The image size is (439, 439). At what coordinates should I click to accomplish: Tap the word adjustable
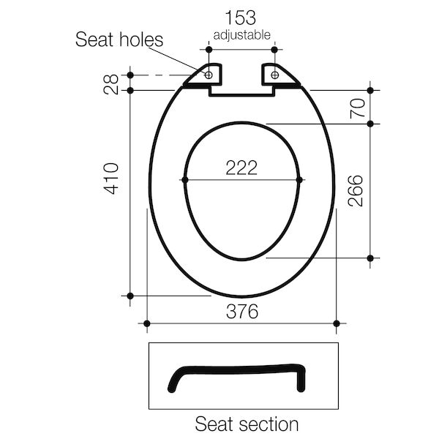(242, 35)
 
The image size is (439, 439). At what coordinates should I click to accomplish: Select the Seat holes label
(120, 40)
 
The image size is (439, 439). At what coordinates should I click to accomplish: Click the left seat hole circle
(209, 74)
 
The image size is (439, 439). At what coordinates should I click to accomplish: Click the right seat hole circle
(276, 74)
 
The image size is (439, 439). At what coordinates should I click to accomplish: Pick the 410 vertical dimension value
(111, 178)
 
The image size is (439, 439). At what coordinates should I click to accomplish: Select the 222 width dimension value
(241, 168)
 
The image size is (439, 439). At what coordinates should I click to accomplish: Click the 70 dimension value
(356, 108)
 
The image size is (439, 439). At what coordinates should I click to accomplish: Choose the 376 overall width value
(241, 312)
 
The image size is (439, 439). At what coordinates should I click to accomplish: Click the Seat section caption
(246, 424)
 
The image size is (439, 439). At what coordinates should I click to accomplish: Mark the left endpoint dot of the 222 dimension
(184, 180)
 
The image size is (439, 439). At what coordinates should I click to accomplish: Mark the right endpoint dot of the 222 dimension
(300, 180)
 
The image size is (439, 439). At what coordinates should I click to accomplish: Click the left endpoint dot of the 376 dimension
(147, 323)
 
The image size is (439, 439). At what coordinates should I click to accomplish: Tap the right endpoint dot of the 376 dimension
(337, 323)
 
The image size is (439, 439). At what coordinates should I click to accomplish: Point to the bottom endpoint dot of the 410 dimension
(130, 296)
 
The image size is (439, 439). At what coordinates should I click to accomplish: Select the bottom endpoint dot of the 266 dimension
(370, 258)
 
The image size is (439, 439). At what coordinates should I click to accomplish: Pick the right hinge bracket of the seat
(281, 77)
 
